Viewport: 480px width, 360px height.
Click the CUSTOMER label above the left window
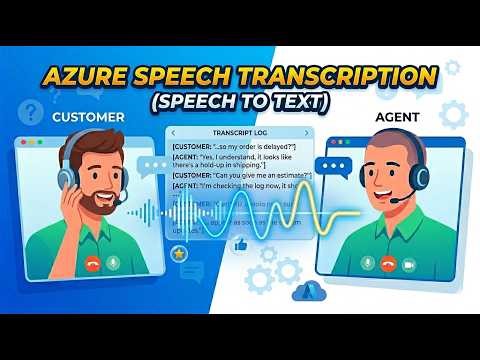click(88, 117)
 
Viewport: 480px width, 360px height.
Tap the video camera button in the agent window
click(408, 265)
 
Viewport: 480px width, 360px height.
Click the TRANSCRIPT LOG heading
click(239, 133)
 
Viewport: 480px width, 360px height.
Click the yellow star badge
click(179, 256)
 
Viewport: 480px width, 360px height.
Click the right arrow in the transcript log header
click(307, 133)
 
